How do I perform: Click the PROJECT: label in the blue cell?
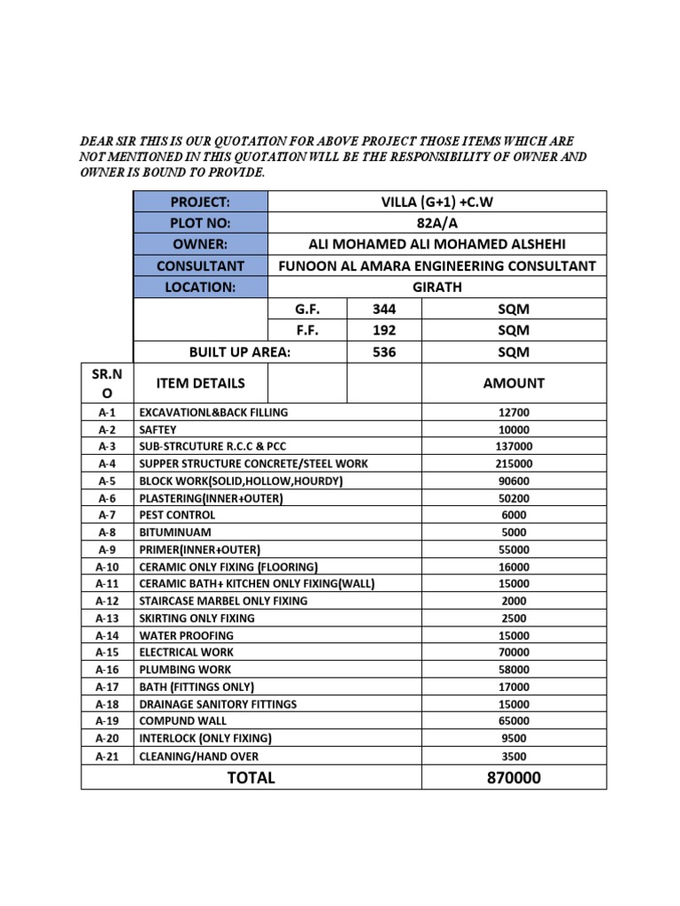pos(199,202)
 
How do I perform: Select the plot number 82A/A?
pos(436,223)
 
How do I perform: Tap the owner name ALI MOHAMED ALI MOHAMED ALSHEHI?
pos(437,244)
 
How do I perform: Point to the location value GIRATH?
pos(437,288)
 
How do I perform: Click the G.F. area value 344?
pos(383,310)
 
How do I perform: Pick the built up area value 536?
pos(383,352)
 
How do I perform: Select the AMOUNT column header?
pos(514,383)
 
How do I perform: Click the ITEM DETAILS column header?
pos(200,383)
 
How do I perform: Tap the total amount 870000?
pos(514,778)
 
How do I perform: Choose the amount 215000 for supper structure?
pos(514,464)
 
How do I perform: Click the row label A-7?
pos(107,515)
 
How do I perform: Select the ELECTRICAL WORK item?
pos(186,652)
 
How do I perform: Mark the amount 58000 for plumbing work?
pos(514,670)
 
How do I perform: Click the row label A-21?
pos(107,756)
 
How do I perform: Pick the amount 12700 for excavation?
pos(514,412)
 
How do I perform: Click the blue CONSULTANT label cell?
pos(199,266)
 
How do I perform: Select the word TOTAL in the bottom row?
pos(251,778)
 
